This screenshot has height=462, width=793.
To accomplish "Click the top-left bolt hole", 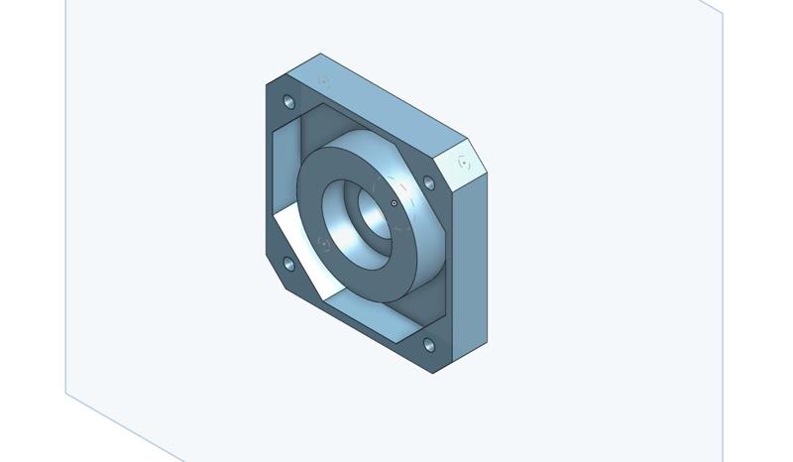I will [x=289, y=102].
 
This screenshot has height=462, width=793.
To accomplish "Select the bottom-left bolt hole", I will [x=289, y=264].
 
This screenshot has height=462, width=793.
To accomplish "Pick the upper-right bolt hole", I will [x=429, y=183].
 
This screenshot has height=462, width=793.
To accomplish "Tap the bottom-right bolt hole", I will [x=428, y=345].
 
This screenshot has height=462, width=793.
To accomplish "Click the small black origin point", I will [x=395, y=203].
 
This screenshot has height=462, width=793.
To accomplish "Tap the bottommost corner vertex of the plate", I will [x=433, y=374].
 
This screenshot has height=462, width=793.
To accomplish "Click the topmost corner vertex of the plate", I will [x=320, y=54].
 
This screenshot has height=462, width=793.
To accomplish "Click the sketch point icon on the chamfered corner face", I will [x=464, y=161].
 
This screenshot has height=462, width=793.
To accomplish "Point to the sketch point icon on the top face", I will [x=323, y=79].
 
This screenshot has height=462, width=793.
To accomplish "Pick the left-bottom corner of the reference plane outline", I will [x=66, y=393].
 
